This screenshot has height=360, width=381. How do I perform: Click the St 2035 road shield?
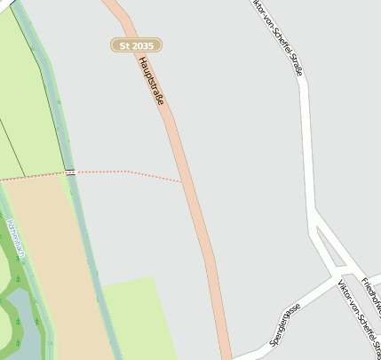pos(136,44)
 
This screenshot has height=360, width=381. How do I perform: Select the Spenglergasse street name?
pos(285,324)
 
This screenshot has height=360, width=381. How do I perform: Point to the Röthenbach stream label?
pos(15,236)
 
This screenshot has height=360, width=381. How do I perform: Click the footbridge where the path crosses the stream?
pos(70,172)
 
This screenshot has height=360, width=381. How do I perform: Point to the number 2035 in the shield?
pos(144,44)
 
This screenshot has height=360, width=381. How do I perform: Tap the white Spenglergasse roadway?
pos(293,308)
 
